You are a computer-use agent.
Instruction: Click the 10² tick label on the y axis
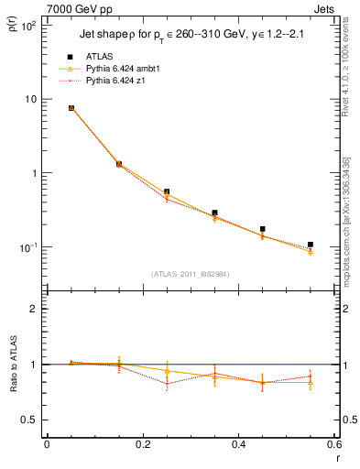click(x=28, y=26)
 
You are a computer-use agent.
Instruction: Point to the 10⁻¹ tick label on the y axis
click(x=28, y=247)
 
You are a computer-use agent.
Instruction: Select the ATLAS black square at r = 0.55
click(x=311, y=245)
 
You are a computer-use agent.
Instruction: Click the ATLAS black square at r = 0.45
click(x=263, y=229)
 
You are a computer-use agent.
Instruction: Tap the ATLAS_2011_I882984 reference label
click(x=190, y=273)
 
